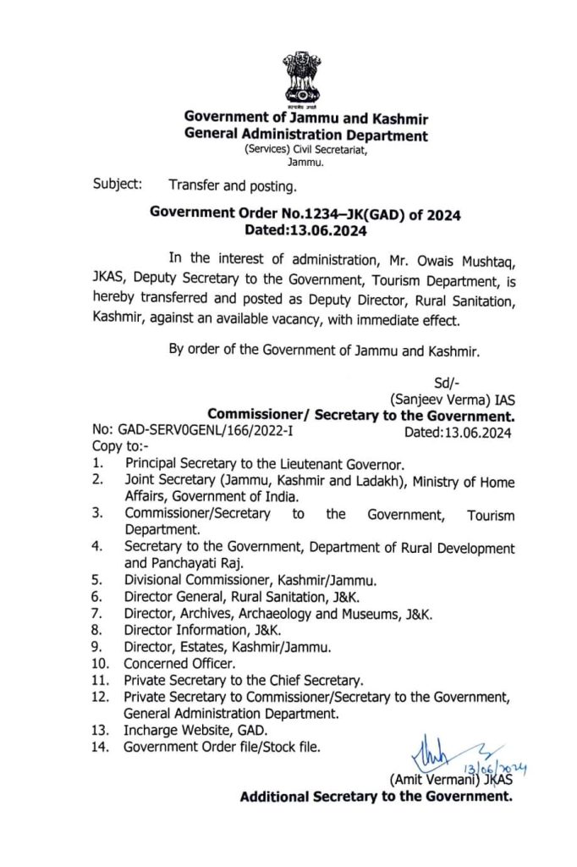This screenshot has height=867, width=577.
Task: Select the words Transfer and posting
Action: coord(233,183)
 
